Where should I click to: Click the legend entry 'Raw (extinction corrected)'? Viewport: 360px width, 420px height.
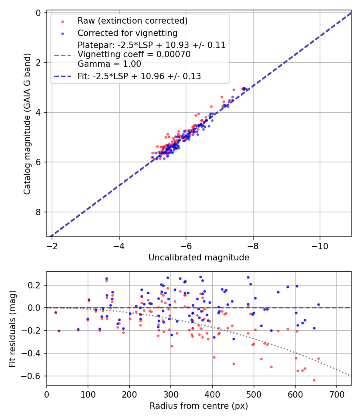[132, 21]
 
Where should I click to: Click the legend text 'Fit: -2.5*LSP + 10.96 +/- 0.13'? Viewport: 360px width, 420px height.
[139, 76]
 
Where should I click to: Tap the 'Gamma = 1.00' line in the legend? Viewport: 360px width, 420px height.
[109, 64]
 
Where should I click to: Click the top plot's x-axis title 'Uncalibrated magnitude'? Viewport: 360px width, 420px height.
[199, 258]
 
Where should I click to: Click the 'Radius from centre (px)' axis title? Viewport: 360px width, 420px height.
[199, 406]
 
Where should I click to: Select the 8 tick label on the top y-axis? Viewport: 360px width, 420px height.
[39, 212]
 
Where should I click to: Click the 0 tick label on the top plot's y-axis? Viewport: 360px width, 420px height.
[39, 13]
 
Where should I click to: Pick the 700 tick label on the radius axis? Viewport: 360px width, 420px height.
[336, 395]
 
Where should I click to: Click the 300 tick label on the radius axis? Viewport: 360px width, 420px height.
[171, 395]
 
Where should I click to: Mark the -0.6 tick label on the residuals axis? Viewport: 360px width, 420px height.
[34, 376]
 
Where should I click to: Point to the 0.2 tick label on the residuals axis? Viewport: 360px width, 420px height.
[36, 285]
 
